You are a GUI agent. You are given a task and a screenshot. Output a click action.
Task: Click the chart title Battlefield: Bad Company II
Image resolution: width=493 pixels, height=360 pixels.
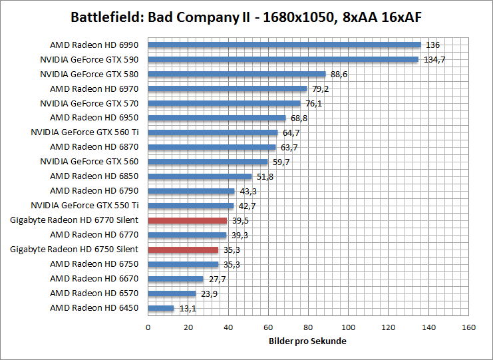coord(246,16)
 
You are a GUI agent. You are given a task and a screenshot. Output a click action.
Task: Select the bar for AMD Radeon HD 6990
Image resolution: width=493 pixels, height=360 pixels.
coord(284,45)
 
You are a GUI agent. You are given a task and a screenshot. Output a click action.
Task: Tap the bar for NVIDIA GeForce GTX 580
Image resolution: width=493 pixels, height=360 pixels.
coord(236,75)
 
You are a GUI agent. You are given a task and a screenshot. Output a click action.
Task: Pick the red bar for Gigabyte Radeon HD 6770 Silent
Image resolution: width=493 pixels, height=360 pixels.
coord(187,220)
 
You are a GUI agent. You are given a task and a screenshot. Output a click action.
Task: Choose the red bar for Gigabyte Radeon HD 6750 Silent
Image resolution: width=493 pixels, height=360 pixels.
coord(183,250)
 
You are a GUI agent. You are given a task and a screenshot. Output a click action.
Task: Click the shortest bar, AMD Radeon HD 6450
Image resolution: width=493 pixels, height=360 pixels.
coord(160,308)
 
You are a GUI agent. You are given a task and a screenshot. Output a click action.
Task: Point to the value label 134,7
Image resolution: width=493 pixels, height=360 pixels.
coord(434,60)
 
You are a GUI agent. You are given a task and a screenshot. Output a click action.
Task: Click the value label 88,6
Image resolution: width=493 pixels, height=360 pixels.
coord(339,75)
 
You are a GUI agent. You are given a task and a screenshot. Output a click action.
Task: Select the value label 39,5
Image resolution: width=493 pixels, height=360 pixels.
coord(240,220)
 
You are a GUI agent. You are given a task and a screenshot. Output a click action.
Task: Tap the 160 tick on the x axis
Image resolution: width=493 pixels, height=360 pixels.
coord(468,327)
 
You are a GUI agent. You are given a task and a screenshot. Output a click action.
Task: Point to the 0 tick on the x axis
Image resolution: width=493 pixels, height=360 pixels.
coord(148,327)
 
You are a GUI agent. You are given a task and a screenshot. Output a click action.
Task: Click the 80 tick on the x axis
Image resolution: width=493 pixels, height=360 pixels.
coord(308,327)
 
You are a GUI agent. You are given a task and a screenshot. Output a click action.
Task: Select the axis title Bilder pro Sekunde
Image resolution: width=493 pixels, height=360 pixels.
coord(308,341)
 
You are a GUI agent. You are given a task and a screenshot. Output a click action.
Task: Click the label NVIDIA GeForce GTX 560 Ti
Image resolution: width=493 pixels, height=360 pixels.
coord(84,132)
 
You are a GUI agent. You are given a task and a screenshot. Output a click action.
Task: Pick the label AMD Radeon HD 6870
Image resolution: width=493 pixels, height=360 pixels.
coord(94,147)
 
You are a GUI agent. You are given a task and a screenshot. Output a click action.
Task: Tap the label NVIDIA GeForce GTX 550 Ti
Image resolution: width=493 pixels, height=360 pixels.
coord(84,206)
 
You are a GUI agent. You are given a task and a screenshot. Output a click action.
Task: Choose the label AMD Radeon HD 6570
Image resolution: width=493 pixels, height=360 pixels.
coord(94,293)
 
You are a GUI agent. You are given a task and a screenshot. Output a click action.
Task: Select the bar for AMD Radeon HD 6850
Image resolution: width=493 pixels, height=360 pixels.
coord(200,176)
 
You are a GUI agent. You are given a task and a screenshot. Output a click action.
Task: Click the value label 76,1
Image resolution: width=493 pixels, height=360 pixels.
coord(313,104)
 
